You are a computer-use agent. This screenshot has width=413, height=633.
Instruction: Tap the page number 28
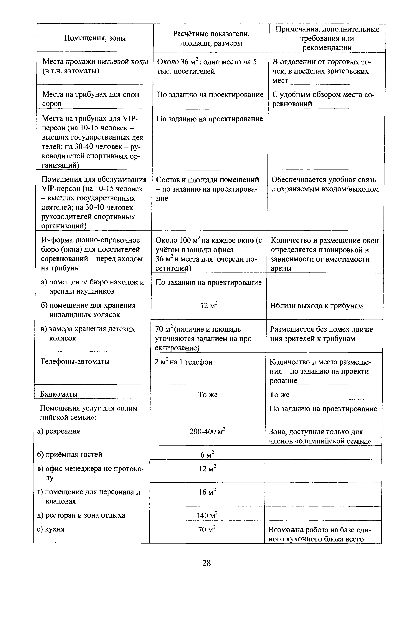click(206, 563)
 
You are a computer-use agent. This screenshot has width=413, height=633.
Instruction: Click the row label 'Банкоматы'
click(59, 394)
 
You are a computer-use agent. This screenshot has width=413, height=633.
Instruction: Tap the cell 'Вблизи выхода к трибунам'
click(317, 306)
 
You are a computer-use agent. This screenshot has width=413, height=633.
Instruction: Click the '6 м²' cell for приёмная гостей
click(207, 455)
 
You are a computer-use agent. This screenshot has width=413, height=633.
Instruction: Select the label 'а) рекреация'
click(59, 431)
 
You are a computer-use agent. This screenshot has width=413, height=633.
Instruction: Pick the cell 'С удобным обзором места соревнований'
click(323, 99)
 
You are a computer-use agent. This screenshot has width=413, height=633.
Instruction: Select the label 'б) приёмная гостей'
click(70, 454)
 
